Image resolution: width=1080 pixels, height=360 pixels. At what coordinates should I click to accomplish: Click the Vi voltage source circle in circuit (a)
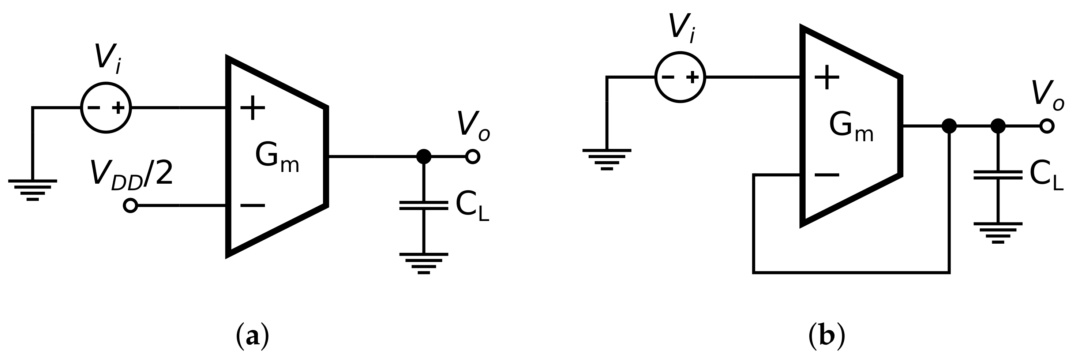pos(106,108)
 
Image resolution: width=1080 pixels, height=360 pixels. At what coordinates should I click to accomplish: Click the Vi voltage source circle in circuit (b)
pos(680,77)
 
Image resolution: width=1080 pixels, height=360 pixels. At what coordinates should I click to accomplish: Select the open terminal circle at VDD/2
pos(130,206)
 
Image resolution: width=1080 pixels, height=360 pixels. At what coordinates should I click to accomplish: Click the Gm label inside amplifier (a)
pos(276,157)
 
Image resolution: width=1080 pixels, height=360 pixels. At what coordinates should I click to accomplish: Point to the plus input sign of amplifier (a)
pos(252,108)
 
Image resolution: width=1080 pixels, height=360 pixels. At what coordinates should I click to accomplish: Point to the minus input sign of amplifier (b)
pos(827,175)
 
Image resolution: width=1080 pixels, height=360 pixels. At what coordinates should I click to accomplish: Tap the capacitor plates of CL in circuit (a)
pos(424,205)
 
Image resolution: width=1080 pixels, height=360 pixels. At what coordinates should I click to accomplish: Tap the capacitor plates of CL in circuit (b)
pos(998,175)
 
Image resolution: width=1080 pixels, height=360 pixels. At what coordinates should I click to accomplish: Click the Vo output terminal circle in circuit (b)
pos(1047,126)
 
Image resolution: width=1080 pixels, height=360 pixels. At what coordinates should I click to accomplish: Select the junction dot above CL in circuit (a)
pos(424,157)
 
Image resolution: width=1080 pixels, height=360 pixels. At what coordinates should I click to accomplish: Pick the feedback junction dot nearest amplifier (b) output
pos(949,126)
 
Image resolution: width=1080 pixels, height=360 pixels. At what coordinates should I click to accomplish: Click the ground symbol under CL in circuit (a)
pos(424,263)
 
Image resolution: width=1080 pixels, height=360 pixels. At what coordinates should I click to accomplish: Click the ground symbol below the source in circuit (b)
pos(607,159)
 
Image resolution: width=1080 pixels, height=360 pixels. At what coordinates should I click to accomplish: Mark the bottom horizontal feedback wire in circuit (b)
pos(851,273)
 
